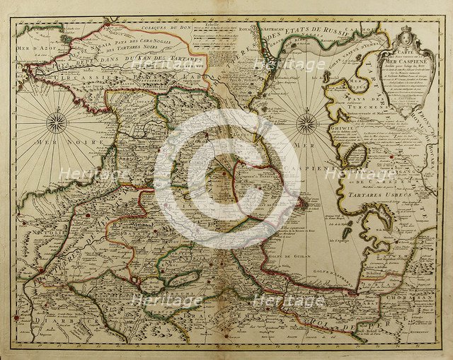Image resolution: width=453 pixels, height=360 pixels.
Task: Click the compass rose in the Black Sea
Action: click(56, 123)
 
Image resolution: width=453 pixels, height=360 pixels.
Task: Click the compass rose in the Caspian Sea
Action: click(306, 124)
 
